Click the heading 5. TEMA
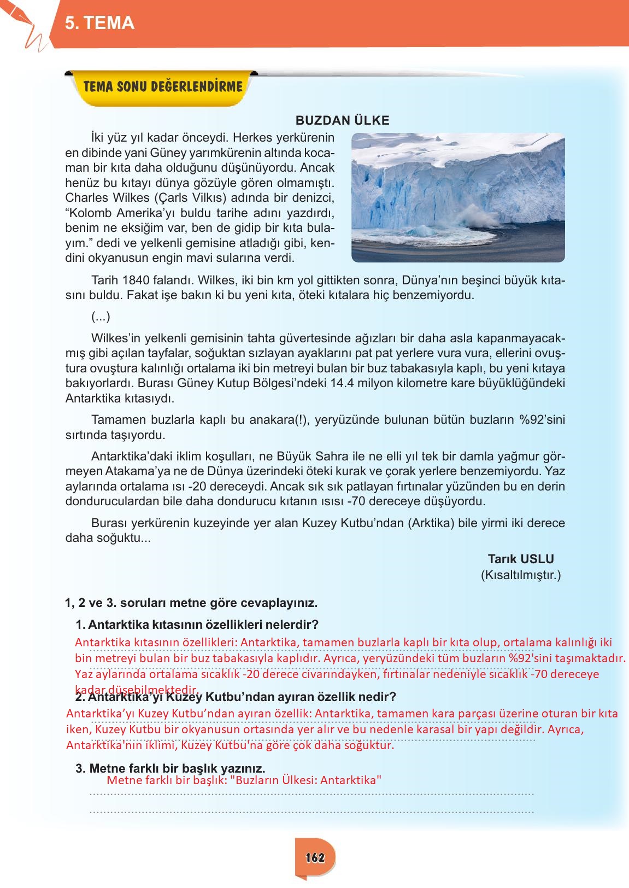[x=99, y=23]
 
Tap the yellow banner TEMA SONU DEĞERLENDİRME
[x=162, y=86]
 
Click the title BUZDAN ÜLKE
[x=342, y=121]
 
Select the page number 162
[x=315, y=857]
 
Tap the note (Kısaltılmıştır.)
[x=520, y=575]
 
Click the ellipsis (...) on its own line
[x=101, y=316]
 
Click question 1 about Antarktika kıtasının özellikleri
[x=197, y=624]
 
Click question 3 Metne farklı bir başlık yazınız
[x=171, y=768]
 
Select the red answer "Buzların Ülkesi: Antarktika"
[x=306, y=780]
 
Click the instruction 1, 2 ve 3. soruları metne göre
[x=191, y=603]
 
